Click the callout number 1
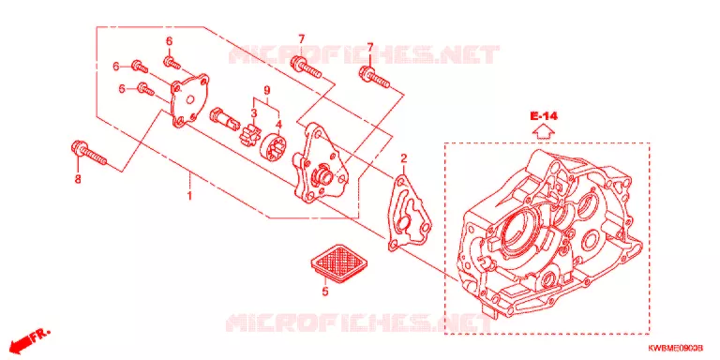click(188, 196)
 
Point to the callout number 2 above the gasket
click(404, 159)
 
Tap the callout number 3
click(253, 112)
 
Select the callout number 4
click(278, 124)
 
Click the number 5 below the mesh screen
click(325, 292)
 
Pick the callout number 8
click(78, 179)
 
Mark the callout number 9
click(266, 91)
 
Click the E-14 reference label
click(544, 116)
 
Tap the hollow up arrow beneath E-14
click(544, 132)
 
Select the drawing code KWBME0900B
click(675, 349)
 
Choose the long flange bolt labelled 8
click(89, 154)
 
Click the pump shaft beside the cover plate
click(224, 118)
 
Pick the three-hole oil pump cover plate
click(189, 101)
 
